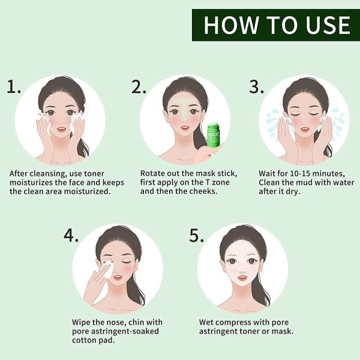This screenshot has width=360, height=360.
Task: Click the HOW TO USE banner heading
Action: (x=276, y=25)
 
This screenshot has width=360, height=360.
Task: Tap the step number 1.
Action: (x=14, y=88)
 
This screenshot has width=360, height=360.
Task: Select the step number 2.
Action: (x=139, y=88)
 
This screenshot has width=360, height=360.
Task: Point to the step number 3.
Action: (x=256, y=88)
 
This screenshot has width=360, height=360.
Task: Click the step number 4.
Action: (x=71, y=235)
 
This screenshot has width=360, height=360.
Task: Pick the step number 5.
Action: (x=197, y=235)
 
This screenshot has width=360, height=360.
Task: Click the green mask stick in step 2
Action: (x=214, y=138)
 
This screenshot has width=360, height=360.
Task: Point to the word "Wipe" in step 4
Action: (x=82, y=322)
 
